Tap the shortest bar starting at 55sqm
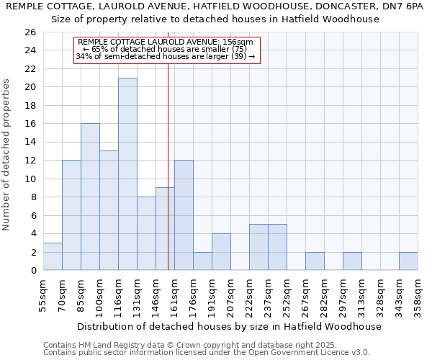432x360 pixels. pos(53,256)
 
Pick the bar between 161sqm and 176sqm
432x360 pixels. pos(184,215)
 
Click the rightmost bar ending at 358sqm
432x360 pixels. pos(408,261)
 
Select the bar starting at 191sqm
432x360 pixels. pos(221,252)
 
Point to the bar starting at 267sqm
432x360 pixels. pos(315,261)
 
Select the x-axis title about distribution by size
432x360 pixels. pos(229,326)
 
